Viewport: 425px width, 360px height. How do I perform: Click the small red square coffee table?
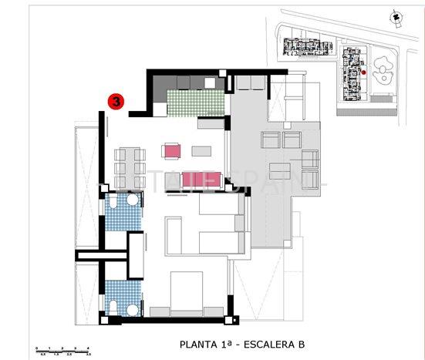(172, 150)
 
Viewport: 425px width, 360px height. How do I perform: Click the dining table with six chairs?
(130, 163)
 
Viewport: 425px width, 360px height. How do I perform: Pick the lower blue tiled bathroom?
(120, 298)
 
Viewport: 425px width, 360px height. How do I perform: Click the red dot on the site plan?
(363, 73)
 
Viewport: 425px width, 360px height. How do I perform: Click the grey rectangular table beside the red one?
(202, 150)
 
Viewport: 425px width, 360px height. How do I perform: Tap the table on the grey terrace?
(280, 169)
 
